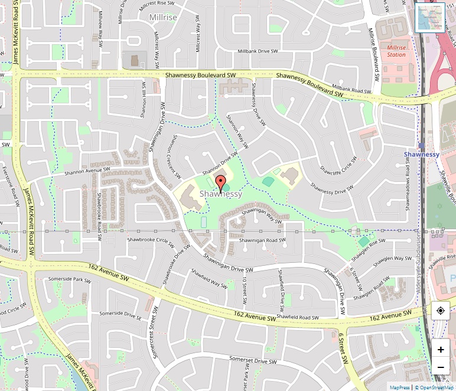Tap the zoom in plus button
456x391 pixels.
point(441,349)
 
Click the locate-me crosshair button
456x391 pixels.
point(441,311)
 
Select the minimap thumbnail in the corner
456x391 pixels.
point(429,18)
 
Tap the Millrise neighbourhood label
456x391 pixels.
point(163,18)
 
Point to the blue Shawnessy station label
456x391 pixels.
point(422,154)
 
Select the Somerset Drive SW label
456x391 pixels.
point(253,360)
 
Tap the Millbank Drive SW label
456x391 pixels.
point(258,51)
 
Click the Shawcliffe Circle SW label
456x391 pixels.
point(338,167)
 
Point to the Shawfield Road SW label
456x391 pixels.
point(298,317)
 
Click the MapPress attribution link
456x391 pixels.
point(400,387)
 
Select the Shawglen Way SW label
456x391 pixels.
point(392,258)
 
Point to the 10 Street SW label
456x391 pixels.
point(244,290)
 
